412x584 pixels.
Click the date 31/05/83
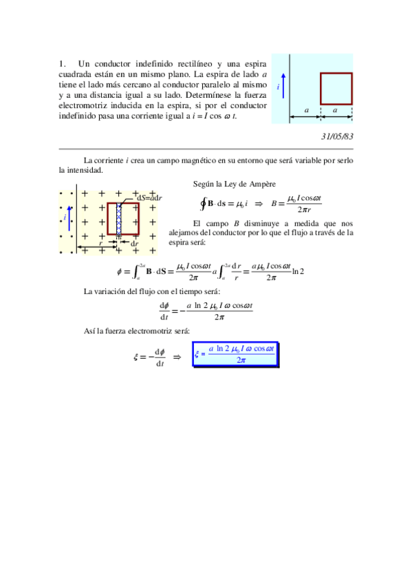click(x=337, y=136)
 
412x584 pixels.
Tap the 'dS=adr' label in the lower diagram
click(x=149, y=198)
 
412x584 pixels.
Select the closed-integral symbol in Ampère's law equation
click(x=202, y=204)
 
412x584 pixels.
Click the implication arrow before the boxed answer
click(x=177, y=357)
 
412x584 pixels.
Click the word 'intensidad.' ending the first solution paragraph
click(x=81, y=169)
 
